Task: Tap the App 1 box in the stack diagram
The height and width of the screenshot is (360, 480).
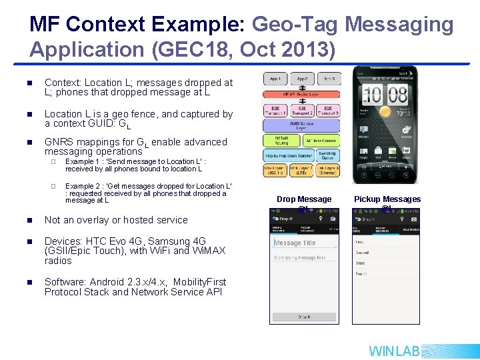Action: click(x=275, y=79)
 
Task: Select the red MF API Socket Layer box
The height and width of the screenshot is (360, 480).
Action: click(x=302, y=94)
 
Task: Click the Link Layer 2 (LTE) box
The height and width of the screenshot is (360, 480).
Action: click(x=302, y=171)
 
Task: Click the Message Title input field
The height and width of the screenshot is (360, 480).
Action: click(x=304, y=243)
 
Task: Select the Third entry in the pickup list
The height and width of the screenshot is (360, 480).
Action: click(x=361, y=263)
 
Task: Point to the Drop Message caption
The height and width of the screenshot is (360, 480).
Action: click(x=304, y=199)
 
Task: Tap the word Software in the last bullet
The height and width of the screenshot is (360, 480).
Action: click(x=65, y=282)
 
